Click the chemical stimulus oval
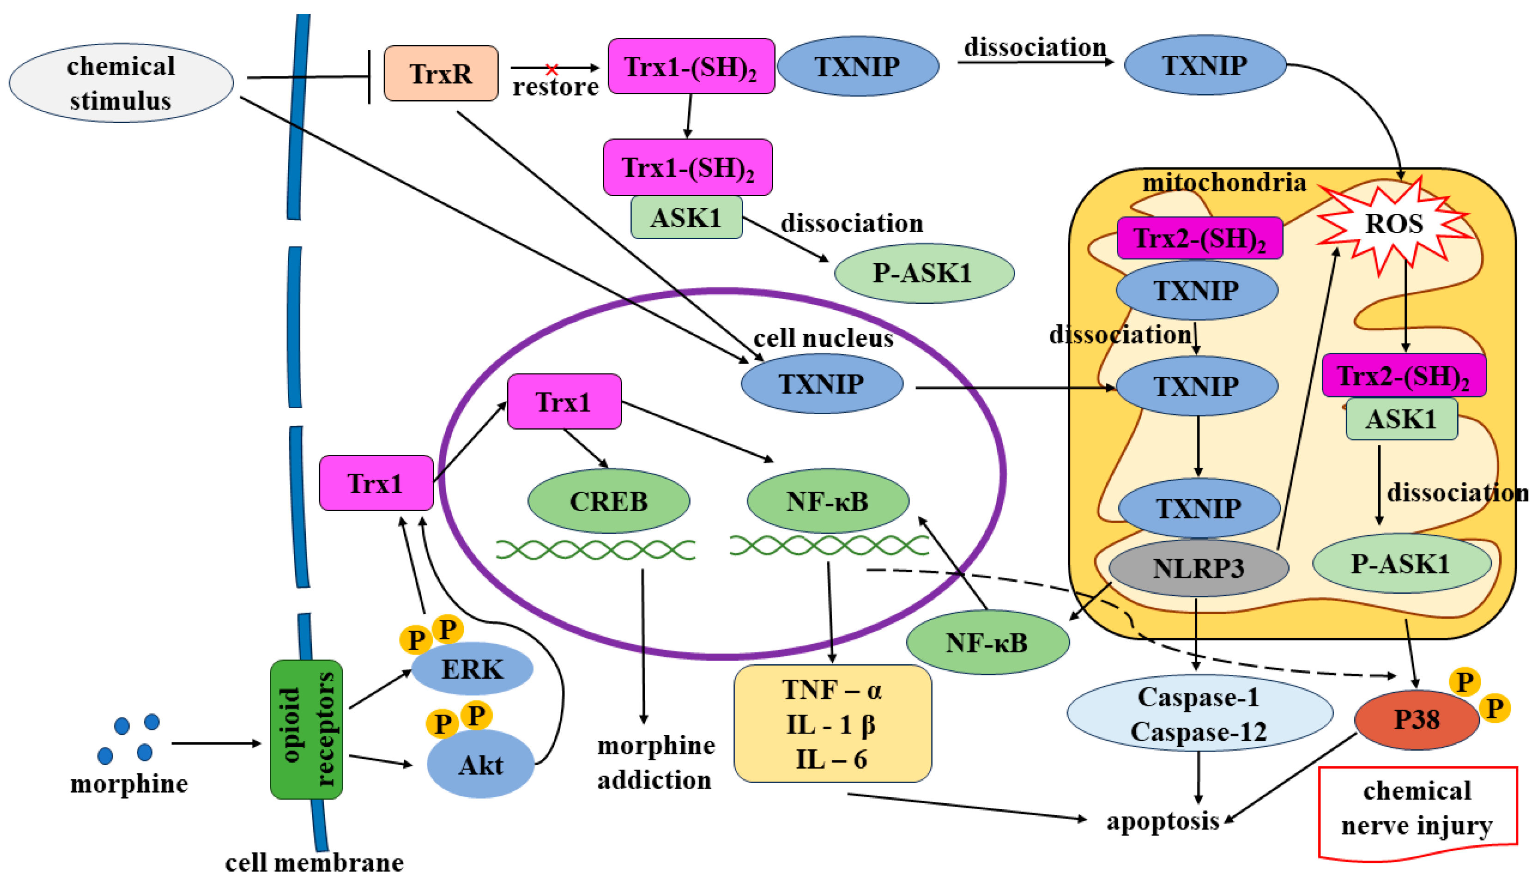121,83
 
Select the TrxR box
441,73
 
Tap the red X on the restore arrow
551,69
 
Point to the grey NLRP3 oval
1198,568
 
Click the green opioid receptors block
307,729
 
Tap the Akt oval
480,765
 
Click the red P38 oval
1416,720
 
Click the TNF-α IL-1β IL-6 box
832,724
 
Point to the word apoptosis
1162,821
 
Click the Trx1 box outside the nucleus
376,483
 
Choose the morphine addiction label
655,762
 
